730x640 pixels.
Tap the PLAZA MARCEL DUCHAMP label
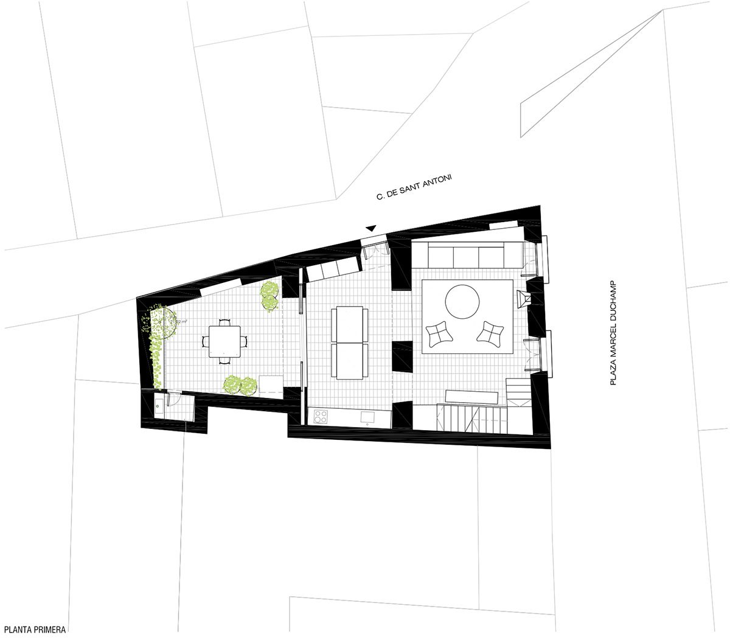click(x=613, y=333)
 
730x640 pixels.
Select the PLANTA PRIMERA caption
click(x=33, y=630)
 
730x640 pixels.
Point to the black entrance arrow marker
click(x=370, y=228)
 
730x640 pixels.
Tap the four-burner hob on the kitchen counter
click(x=321, y=417)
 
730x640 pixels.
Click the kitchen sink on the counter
click(x=367, y=417)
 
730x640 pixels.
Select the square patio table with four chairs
click(x=224, y=341)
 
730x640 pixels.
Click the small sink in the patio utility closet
click(x=159, y=404)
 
